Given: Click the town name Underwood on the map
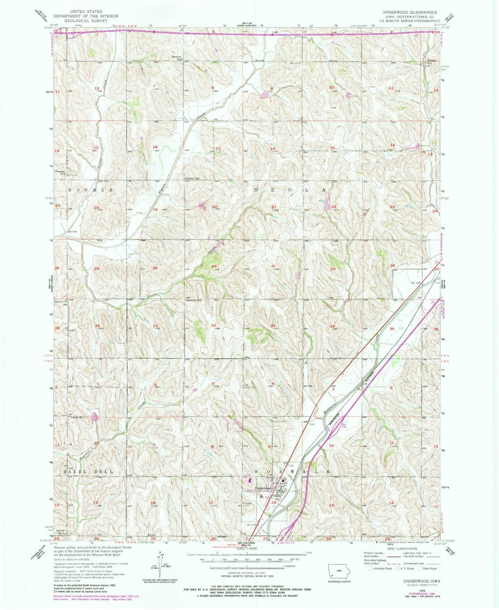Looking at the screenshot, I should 262,488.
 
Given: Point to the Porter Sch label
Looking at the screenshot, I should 193,179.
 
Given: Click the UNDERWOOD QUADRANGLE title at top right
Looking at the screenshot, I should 409,12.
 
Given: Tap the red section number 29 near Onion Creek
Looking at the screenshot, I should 214,266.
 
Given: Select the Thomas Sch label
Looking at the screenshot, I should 61,173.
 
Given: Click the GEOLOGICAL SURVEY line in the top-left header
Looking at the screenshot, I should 91,20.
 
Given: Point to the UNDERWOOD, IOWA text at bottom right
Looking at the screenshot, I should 414,581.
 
